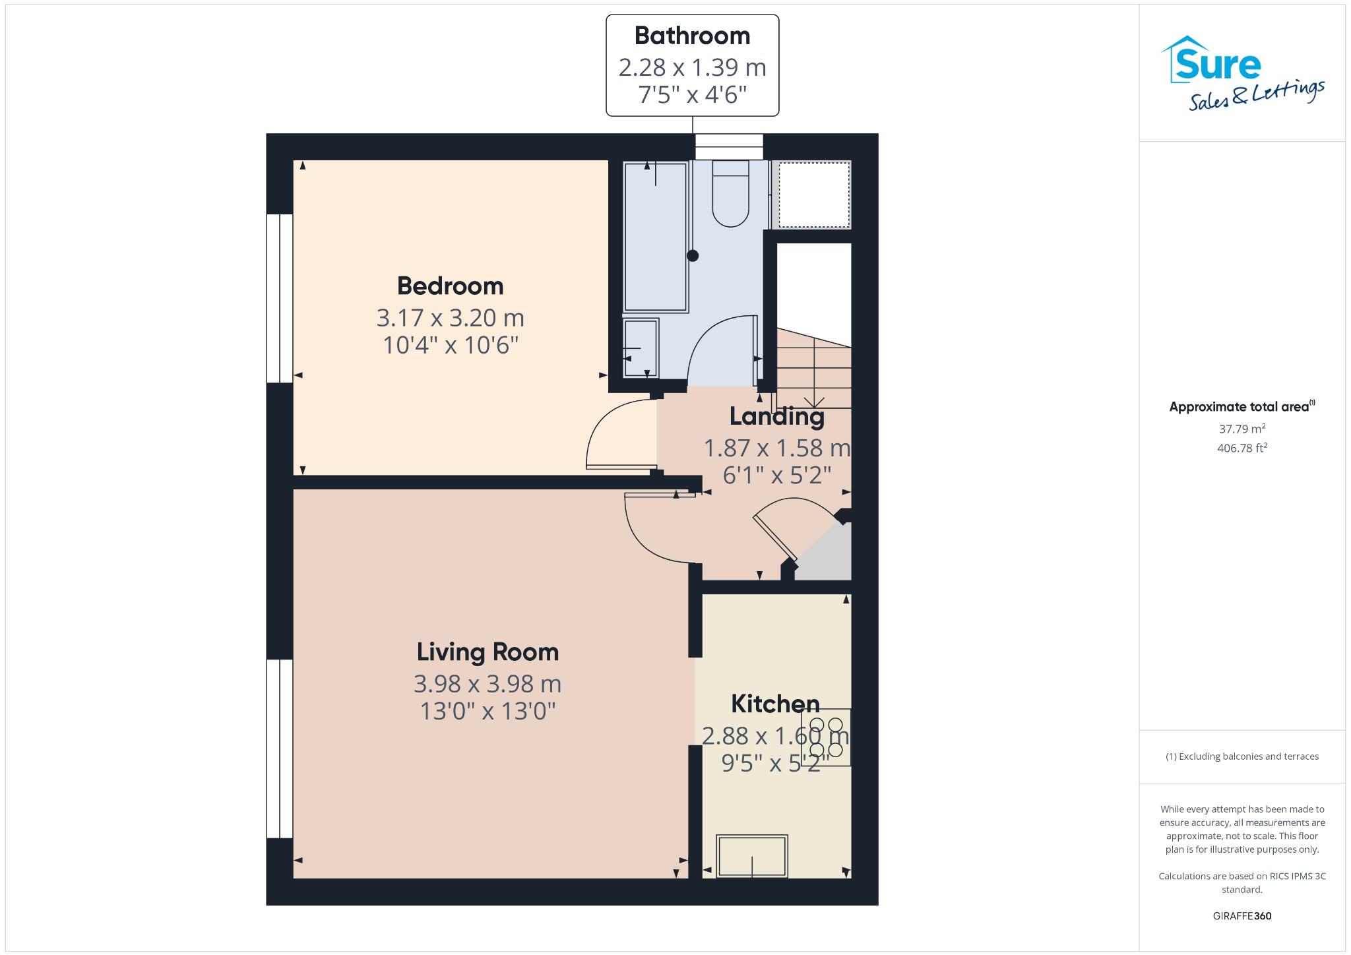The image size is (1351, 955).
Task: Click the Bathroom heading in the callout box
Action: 692,36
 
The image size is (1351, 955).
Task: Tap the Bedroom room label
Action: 450,286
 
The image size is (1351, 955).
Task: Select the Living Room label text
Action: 487,652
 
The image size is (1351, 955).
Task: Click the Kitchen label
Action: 775,704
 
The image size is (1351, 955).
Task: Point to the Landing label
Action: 776,416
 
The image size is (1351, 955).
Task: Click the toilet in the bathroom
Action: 730,195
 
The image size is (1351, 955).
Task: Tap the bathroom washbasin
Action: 641,348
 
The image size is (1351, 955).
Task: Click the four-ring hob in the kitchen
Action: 826,737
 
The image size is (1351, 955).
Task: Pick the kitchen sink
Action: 752,856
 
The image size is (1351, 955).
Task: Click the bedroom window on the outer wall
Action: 280,298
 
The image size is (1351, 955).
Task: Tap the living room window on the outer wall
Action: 280,749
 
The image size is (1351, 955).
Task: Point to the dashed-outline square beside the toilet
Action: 814,195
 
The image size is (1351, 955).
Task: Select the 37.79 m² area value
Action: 1241,429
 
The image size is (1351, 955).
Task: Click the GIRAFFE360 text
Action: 1241,916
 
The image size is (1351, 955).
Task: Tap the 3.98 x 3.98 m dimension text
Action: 487,685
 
